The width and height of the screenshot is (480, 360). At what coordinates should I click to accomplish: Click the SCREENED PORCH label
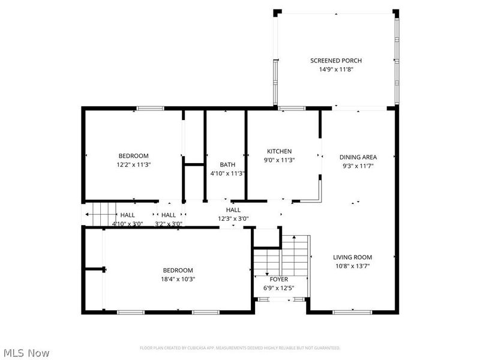click(335, 61)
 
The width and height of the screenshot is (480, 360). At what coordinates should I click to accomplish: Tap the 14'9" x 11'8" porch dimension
click(335, 70)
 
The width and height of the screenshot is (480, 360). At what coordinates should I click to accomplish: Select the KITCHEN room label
click(279, 151)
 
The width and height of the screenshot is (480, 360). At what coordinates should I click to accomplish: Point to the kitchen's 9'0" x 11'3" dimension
click(279, 160)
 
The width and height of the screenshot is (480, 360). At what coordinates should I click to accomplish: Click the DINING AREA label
click(358, 157)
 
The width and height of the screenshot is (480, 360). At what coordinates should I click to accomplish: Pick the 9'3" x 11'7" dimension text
click(358, 166)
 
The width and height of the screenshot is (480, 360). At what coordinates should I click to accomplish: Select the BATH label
click(227, 165)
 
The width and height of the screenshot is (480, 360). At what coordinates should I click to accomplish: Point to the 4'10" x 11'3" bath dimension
click(227, 174)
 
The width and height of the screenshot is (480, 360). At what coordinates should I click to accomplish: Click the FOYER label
click(278, 280)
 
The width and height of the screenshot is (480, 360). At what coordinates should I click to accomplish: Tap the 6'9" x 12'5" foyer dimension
click(278, 288)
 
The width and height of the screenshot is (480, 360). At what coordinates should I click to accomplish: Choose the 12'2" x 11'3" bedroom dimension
click(133, 164)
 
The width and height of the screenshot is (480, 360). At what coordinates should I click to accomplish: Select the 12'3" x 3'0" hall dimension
click(233, 219)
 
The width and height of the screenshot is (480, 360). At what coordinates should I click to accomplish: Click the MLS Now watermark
click(26, 353)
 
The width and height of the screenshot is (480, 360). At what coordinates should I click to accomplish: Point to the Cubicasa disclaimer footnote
click(240, 348)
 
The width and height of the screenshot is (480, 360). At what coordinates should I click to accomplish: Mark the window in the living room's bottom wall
click(347, 311)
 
